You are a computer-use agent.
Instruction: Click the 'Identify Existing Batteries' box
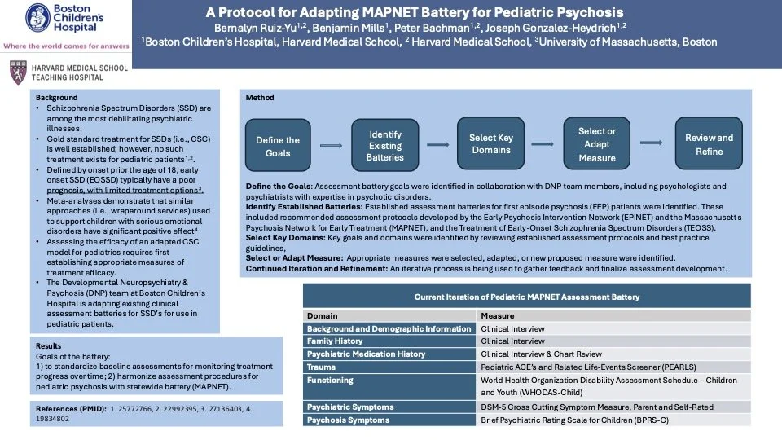[385, 145]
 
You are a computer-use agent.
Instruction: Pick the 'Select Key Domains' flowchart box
[490, 143]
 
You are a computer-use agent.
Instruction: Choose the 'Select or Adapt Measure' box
[597, 144]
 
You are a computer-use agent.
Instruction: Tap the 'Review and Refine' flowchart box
[709, 144]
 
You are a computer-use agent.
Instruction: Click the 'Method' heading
[260, 97]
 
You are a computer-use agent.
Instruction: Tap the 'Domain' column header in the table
[323, 315]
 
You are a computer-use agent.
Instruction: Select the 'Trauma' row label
[323, 367]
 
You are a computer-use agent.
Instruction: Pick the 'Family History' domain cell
[336, 341]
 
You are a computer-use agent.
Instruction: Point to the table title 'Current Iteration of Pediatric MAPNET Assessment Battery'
[527, 297]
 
